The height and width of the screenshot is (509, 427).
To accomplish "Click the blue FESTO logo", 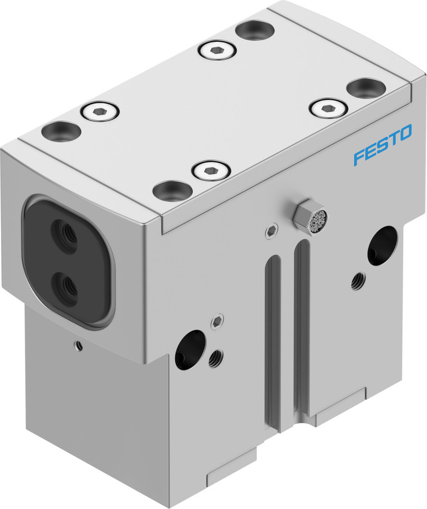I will click(x=383, y=147).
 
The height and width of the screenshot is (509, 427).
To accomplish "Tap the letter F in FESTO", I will click(x=358, y=157).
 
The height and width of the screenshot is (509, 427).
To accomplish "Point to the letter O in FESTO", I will click(x=405, y=135).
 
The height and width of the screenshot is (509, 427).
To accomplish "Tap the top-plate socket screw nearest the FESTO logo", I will click(x=328, y=107).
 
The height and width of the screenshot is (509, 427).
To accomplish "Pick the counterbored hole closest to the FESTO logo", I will click(x=365, y=87).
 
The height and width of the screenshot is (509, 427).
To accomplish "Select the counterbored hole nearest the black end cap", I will click(x=61, y=131).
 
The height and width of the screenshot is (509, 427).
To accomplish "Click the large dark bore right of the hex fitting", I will click(x=382, y=245).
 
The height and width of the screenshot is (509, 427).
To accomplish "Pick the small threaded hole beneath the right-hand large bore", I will click(x=358, y=280).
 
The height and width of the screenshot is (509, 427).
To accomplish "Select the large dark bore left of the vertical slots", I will click(x=189, y=349).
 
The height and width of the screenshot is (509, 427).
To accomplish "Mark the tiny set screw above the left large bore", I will click(x=217, y=321).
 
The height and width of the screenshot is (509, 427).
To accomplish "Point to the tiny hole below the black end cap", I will click(x=78, y=346).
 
